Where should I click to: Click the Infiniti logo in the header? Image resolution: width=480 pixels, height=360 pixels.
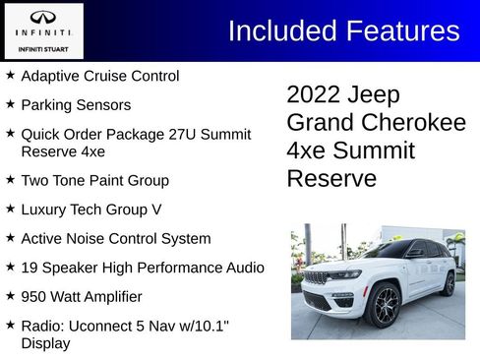[42, 18]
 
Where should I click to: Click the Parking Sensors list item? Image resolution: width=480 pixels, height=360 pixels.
[75, 104]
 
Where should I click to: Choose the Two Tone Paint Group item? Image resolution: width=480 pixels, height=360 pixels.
[94, 181]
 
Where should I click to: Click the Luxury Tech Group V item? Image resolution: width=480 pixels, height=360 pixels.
[90, 210]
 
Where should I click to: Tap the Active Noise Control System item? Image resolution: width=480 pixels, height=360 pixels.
[115, 238]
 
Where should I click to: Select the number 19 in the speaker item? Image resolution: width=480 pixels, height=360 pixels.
[30, 268]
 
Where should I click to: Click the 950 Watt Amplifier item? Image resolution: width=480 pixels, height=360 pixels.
[81, 296]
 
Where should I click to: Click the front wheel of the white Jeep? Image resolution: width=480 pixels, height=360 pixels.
[383, 306]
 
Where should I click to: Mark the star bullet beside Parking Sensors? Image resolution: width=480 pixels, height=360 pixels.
[10, 103]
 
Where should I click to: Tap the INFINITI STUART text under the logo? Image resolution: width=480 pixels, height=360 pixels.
[42, 46]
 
